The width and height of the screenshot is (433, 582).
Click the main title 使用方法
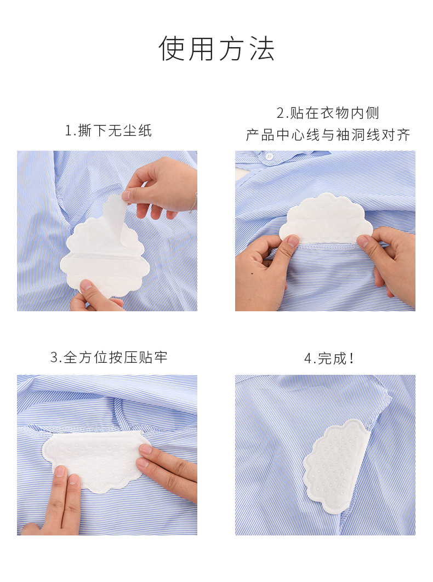click(216, 48)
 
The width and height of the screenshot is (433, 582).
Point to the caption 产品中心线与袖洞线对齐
click(328, 135)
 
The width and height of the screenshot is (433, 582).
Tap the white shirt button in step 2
click(269, 157)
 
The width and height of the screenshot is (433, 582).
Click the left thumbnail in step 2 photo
click(293, 241)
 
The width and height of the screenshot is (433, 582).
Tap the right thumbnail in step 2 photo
click(362, 241)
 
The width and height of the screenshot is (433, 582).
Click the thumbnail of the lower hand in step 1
click(86, 285)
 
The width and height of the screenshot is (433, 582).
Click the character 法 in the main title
click(262, 48)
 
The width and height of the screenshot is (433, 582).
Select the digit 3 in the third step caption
click(54, 358)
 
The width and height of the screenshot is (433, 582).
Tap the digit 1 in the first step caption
click(69, 131)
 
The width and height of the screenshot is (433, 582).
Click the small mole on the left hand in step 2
click(252, 273)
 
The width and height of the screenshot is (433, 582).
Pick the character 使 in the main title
click(171, 48)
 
